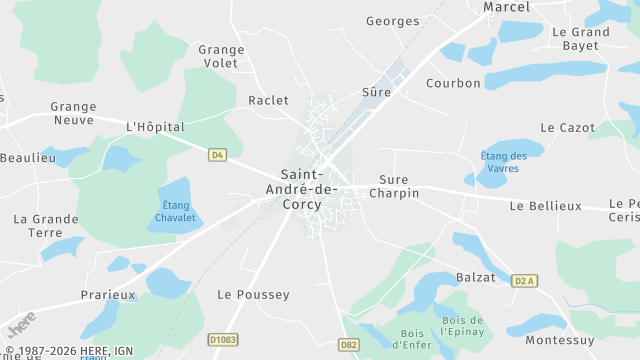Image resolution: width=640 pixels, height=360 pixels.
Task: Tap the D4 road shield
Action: click(x=217, y=154)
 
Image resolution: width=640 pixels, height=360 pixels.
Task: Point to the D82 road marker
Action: click(x=348, y=345)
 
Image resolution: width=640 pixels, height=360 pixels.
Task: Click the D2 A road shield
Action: click(x=525, y=281)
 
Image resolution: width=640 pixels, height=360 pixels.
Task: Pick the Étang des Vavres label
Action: click(x=504, y=161)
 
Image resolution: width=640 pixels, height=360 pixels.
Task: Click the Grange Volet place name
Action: click(x=221, y=56)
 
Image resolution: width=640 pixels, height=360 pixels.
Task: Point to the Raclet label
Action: click(x=268, y=100)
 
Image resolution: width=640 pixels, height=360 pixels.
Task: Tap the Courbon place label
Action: click(x=453, y=83)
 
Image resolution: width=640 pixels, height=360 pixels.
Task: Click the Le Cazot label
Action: click(x=567, y=127)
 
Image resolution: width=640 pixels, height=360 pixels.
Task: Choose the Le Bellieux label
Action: click(x=545, y=205)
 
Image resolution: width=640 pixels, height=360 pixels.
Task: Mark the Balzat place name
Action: click(x=475, y=277)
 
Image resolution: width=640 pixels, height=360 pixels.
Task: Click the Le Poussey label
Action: click(x=253, y=294)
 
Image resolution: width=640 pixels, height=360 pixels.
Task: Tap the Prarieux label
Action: click(x=108, y=295)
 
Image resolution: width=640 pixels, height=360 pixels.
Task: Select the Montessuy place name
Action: click(x=559, y=339)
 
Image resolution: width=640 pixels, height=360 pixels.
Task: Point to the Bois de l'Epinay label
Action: click(x=463, y=327)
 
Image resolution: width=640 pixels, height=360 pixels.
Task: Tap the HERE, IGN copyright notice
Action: click(x=69, y=351)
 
